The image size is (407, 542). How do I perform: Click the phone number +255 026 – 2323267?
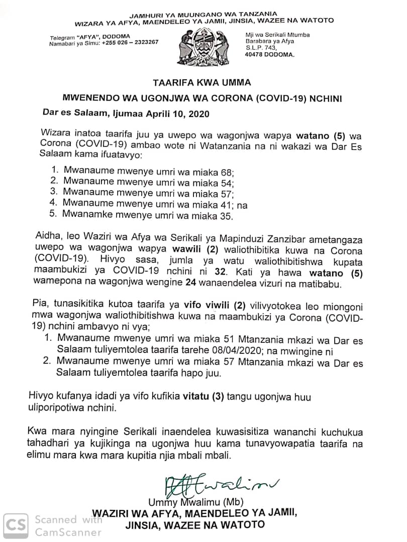pos(130,43)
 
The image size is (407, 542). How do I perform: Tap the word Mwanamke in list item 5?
pos(87,216)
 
